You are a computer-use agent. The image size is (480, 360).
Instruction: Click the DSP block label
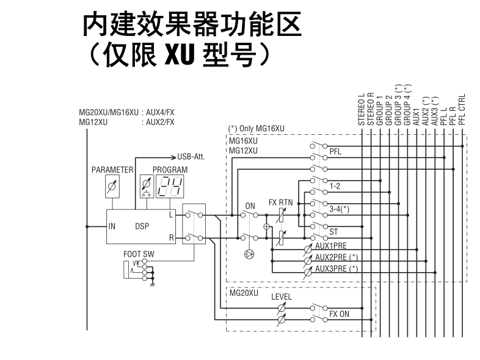pos(142,226)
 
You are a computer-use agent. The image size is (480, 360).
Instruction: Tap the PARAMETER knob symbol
pos(111,187)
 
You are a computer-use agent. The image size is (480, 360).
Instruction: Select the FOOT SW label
pos(139,253)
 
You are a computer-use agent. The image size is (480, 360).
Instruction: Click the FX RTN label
pos(282,203)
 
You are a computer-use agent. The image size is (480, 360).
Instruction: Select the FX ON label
pos(340,314)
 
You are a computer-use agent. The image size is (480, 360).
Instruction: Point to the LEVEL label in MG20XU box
pos(282,297)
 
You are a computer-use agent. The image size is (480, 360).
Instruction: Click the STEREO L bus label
pos(362,109)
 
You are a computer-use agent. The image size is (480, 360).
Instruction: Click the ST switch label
pos(334,232)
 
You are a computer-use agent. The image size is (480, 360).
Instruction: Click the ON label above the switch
pos(249,206)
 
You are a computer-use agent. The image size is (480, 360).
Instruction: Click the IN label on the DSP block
pos(112,226)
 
